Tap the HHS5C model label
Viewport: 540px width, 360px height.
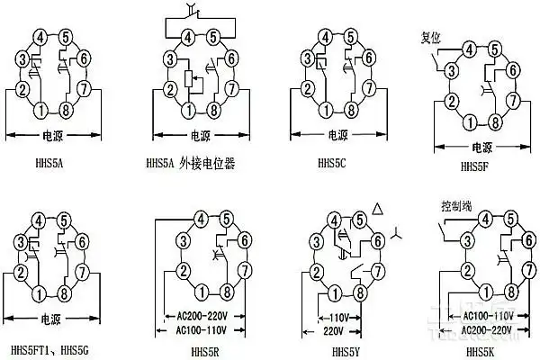tap(334, 164)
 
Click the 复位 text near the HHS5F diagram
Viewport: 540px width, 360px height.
tap(431, 38)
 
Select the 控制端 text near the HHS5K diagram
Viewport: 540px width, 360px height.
tap(457, 205)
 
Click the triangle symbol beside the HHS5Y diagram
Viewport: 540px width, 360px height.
tap(378, 209)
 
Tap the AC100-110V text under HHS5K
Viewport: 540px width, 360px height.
tap(487, 316)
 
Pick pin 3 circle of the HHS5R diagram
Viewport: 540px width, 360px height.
tap(183, 239)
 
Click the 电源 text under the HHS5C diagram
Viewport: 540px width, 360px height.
tap(337, 135)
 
